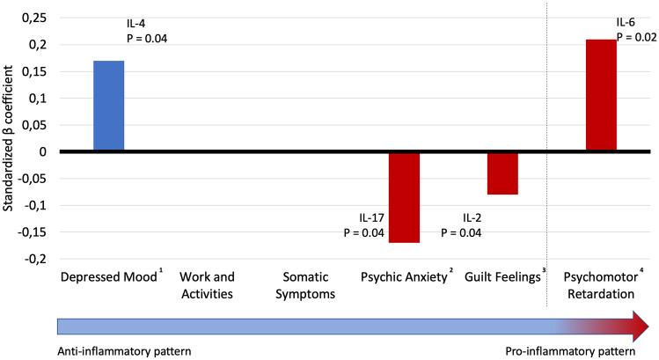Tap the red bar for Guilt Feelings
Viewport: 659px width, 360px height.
coord(502,173)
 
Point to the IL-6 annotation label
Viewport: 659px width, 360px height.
coord(629,22)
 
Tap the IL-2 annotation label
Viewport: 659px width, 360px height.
coord(475,218)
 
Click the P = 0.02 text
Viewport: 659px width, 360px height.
coord(637,37)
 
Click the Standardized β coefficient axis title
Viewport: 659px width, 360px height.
coord(11,136)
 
